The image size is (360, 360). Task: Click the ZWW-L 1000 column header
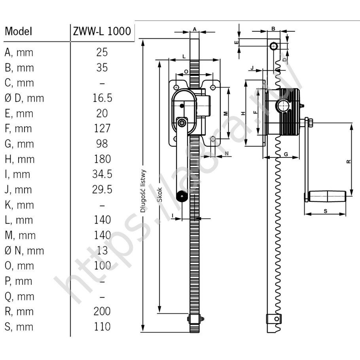[x=102, y=31]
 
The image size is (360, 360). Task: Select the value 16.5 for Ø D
[x=102, y=98]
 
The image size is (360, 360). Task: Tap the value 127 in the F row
[x=102, y=128]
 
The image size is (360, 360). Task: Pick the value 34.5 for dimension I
[x=102, y=174]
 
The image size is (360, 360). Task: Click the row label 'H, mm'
[x=20, y=159]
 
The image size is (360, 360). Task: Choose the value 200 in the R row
[x=102, y=311]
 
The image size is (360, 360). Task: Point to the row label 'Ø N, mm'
[x=24, y=250]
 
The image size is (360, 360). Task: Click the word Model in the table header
[x=18, y=31]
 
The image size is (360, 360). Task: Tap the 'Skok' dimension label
[x=160, y=195]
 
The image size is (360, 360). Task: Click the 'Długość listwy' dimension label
[x=143, y=191]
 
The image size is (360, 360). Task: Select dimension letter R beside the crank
[x=349, y=162]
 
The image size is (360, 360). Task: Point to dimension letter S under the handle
[x=325, y=211]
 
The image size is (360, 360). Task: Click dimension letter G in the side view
[x=286, y=154]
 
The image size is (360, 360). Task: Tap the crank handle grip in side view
[x=327, y=196]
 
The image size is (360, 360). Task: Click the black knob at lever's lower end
[x=182, y=196]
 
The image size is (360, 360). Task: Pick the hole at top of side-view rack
[x=273, y=46]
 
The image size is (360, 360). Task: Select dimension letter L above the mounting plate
[x=184, y=57]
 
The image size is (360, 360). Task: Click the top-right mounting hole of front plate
[x=213, y=87]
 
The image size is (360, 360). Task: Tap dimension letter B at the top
[x=273, y=29]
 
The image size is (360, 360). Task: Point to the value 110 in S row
[x=102, y=326]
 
